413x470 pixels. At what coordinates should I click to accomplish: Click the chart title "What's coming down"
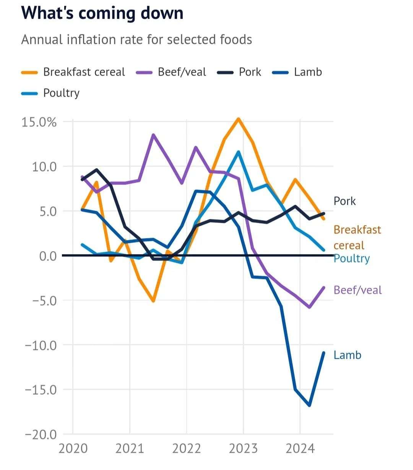click(102, 13)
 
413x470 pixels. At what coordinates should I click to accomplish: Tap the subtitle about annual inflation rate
click(137, 40)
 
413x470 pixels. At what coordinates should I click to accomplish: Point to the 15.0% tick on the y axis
click(39, 122)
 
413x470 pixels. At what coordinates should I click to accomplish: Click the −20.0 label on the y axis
click(41, 434)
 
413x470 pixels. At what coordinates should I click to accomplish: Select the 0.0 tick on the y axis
click(48, 256)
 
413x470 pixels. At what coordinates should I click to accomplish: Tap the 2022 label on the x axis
click(187, 449)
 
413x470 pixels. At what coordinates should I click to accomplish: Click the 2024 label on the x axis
click(300, 449)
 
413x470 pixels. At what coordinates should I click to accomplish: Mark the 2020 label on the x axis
click(73, 449)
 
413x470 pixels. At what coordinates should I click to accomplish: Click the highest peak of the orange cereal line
click(238, 119)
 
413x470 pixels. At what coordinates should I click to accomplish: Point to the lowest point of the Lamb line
click(309, 405)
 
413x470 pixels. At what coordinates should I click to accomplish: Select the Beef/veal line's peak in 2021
click(153, 135)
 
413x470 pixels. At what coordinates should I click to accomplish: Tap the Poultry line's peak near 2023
click(238, 152)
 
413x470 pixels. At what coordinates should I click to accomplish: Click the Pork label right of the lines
click(345, 201)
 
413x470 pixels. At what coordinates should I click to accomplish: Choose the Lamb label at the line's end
click(347, 355)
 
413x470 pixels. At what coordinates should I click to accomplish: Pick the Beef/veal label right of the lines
click(358, 290)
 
